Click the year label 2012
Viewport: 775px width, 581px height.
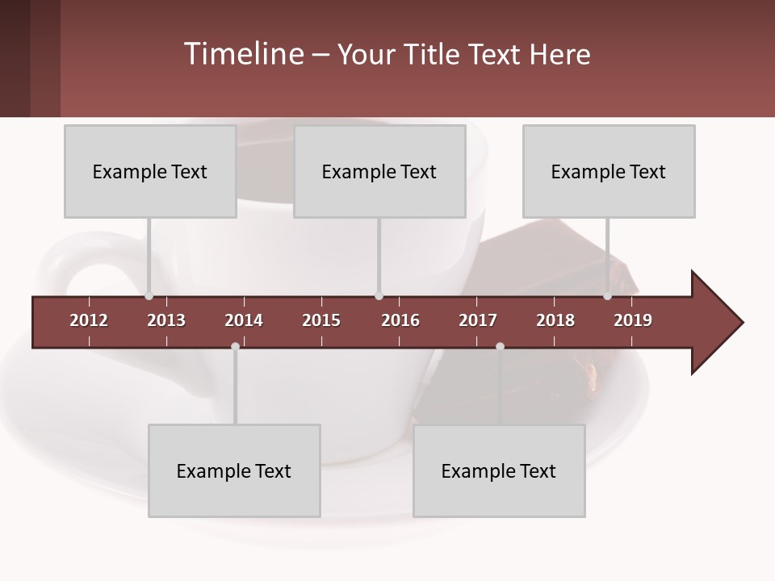[89, 320]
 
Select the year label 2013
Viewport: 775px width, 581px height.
[166, 320]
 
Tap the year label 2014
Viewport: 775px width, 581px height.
[244, 320]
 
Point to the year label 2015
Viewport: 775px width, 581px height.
[321, 320]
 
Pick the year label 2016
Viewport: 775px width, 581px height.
[400, 320]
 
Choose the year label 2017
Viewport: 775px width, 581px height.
[478, 320]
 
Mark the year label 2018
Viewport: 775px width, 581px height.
[555, 320]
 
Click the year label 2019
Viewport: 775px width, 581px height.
[633, 320]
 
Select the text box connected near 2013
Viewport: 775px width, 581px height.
[150, 171]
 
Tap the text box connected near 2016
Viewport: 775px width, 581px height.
[379, 171]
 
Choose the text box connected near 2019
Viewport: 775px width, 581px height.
[609, 171]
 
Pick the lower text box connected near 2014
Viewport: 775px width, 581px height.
[234, 470]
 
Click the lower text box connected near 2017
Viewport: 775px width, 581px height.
[499, 470]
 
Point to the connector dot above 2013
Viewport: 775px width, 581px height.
[149, 296]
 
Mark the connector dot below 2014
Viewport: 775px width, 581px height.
[235, 346]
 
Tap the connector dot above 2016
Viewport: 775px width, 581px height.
[379, 296]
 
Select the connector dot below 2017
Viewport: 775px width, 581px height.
[500, 346]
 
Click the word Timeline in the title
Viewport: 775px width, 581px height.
[242, 54]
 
